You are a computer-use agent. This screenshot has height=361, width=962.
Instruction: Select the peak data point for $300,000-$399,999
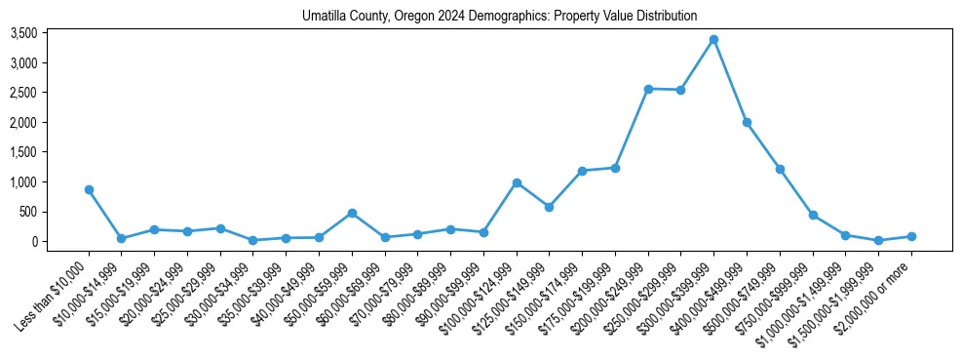(x=713, y=39)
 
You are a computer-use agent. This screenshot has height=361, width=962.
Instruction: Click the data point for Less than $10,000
(x=89, y=189)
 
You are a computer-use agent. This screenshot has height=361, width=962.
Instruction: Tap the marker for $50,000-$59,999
(x=352, y=213)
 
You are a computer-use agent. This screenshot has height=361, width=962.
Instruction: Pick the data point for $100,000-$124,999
(x=517, y=182)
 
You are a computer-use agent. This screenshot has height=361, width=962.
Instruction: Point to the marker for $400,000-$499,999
(x=747, y=122)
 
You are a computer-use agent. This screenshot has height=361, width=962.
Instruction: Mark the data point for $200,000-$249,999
(x=648, y=89)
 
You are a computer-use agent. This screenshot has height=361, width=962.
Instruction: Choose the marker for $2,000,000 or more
(x=911, y=236)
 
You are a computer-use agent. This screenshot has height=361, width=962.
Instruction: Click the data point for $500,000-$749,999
(x=780, y=169)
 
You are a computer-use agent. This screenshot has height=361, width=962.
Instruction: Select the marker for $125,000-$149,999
(x=550, y=207)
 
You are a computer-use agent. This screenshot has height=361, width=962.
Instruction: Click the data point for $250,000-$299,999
(x=680, y=90)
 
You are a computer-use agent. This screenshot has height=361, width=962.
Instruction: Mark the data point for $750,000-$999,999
(x=813, y=215)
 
